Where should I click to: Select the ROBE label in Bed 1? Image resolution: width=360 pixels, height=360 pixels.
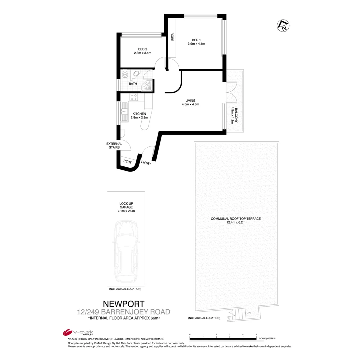(x=172, y=37)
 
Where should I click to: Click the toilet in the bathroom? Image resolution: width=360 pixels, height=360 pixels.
(x=125, y=74)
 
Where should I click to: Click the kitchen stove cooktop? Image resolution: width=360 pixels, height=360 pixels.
(x=134, y=97)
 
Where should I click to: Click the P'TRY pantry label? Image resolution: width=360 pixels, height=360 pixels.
(x=127, y=161)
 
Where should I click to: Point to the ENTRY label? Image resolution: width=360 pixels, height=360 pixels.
(x=146, y=163)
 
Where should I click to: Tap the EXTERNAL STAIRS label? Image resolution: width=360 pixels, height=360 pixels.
(x=114, y=146)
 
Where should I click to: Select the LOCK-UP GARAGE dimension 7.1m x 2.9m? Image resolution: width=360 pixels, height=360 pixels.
(x=126, y=211)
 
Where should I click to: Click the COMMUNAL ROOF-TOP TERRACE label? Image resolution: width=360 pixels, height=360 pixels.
(x=235, y=219)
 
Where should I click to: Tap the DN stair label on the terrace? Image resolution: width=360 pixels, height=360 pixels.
(x=248, y=313)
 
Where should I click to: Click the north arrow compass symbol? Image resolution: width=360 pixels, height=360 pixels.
(x=283, y=26)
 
